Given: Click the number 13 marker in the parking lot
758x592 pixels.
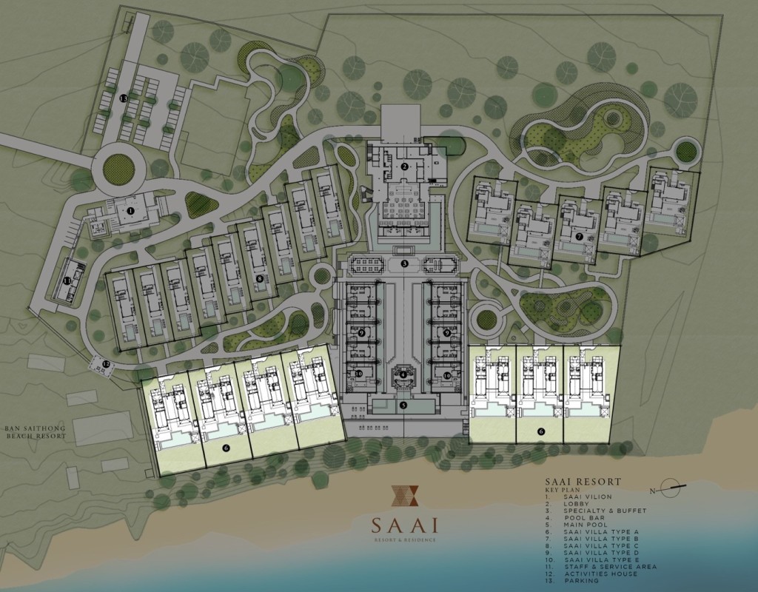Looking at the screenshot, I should tap(124, 98).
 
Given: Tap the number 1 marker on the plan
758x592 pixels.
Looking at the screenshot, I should tap(130, 211).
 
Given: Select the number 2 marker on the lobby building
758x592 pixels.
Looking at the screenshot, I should tap(405, 166).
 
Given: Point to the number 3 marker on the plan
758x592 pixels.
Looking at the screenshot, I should tap(405, 263).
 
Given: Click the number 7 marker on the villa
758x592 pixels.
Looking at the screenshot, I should tap(580, 236).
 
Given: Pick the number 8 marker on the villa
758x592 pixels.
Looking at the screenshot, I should tap(259, 278).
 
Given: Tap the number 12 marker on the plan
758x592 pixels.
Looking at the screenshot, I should tap(106, 363).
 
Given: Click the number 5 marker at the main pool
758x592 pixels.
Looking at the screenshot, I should tap(403, 405).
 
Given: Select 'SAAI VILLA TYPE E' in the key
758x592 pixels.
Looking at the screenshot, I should tap(600, 559).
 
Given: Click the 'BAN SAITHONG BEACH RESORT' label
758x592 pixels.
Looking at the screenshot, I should tap(35, 432).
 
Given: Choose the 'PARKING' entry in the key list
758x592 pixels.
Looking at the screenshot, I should tap(580, 581).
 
